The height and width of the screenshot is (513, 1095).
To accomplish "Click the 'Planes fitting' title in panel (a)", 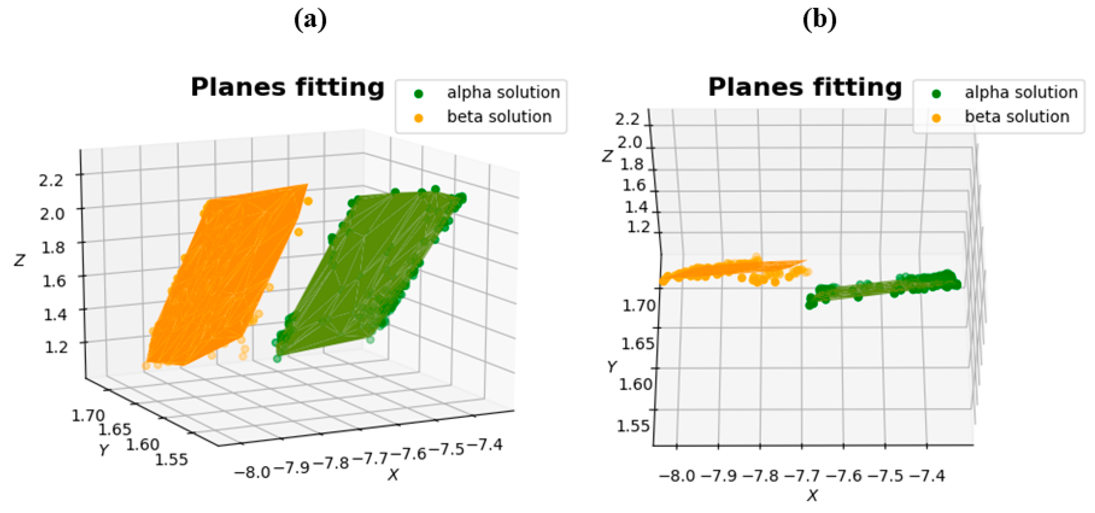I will tap(287, 88).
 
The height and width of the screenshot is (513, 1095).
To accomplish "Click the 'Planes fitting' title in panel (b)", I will tap(805, 88).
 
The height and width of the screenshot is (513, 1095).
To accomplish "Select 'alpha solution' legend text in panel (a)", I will tap(503, 93).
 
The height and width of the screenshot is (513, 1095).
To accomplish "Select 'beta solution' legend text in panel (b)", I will tap(1017, 117).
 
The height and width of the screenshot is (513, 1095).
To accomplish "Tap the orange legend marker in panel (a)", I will tap(419, 118).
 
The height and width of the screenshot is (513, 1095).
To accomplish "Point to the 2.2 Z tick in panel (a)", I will tap(51, 181).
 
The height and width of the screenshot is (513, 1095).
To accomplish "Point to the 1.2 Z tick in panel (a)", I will tap(56, 346).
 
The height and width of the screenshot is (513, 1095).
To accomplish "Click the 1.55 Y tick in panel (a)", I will tap(171, 459).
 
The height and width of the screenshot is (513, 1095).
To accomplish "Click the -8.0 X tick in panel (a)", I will tap(252, 472).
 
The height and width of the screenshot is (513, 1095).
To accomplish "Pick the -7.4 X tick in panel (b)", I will tap(927, 475).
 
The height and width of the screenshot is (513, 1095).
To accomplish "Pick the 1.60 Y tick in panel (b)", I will tap(635, 384).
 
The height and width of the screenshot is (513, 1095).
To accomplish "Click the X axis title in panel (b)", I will tap(812, 495).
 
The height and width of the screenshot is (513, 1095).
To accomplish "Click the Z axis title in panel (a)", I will tap(19, 260).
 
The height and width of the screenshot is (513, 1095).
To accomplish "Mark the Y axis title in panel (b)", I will tap(612, 366).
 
